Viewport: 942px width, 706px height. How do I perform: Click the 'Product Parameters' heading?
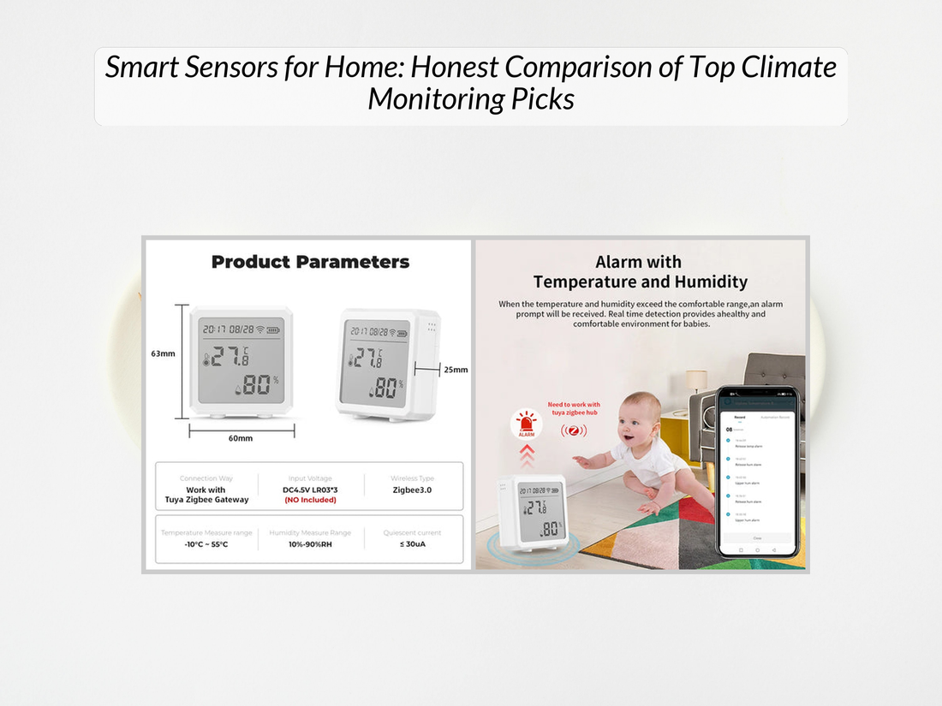[x=310, y=262]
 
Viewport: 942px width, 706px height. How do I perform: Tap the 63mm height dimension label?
[x=163, y=353]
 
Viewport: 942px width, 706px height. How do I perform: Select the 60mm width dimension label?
[x=240, y=438]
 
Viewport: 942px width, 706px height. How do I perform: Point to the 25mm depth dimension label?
[x=456, y=370]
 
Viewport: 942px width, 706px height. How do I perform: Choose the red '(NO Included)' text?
[x=309, y=500]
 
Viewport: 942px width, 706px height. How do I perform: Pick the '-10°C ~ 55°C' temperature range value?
[x=206, y=544]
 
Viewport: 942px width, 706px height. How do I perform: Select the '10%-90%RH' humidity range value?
[x=309, y=544]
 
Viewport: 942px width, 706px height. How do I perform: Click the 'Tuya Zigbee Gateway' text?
[x=206, y=500]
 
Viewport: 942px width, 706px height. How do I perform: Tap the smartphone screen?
[x=757, y=475]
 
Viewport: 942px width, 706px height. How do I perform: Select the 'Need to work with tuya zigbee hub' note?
[x=574, y=408]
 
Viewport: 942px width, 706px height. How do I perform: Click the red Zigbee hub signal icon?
[x=574, y=430]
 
